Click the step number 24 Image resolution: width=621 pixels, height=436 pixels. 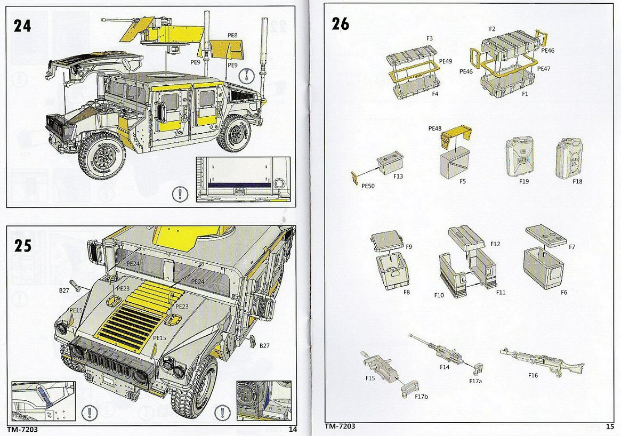click(x=23, y=26)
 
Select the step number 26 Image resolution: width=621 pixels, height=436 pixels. click(x=340, y=24)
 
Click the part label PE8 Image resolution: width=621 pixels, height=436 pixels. click(x=232, y=35)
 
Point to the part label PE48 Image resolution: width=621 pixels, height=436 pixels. click(x=435, y=128)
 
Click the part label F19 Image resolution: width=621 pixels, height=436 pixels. click(x=525, y=181)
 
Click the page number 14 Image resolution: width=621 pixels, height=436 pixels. click(x=292, y=429)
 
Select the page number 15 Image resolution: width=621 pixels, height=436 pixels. click(x=610, y=426)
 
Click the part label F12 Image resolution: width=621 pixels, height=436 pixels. click(x=495, y=244)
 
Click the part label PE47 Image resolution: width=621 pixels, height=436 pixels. click(x=544, y=69)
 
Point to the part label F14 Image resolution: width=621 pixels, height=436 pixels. click(x=445, y=367)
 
